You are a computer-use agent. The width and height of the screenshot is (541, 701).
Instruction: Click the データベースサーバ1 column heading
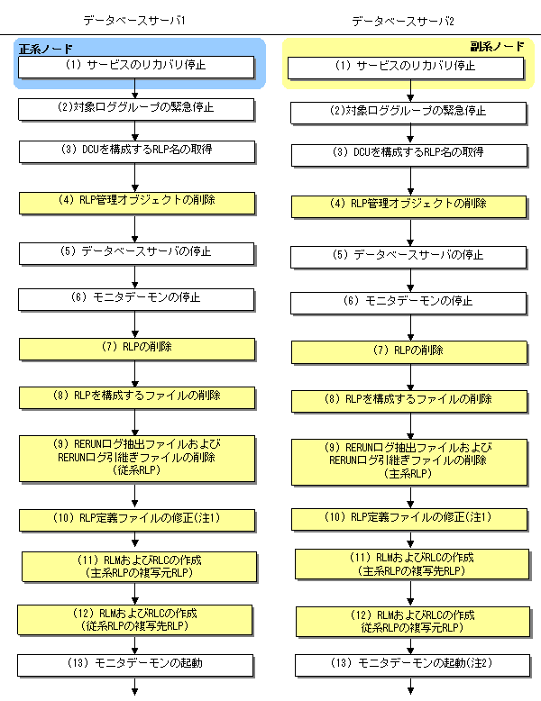(136, 20)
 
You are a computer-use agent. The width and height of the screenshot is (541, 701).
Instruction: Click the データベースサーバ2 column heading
(405, 20)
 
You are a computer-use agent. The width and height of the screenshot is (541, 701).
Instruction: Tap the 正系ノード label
(46, 49)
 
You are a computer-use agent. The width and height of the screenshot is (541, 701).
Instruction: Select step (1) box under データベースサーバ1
(136, 67)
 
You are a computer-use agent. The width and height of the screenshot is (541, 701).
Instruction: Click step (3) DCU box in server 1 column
(136, 150)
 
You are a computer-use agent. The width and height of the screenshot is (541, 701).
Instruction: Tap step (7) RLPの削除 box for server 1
(136, 347)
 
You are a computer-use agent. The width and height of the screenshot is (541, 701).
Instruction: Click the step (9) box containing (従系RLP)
(136, 457)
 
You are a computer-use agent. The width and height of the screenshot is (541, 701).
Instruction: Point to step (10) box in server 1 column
(136, 518)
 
